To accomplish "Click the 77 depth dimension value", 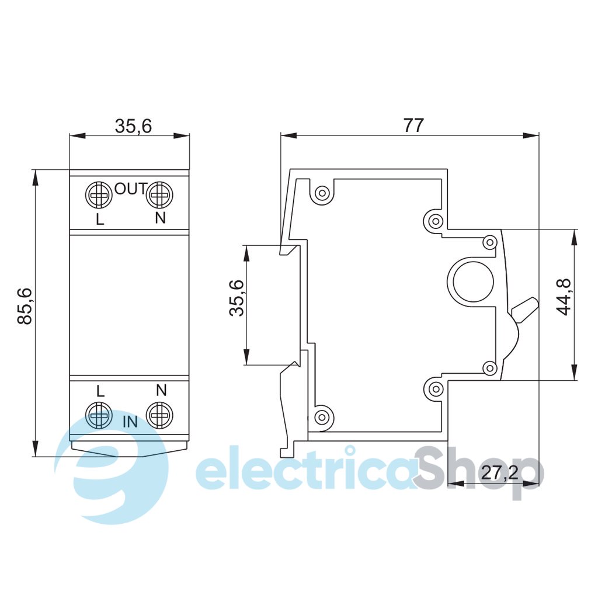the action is pyautogui.click(x=414, y=126).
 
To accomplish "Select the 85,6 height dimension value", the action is pyautogui.click(x=26, y=306).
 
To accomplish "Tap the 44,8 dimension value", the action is pyautogui.click(x=564, y=297).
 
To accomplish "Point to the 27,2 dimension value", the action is pyautogui.click(x=500, y=473).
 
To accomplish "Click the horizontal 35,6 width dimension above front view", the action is pyautogui.click(x=134, y=126).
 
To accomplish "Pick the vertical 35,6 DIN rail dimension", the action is pyautogui.click(x=237, y=298).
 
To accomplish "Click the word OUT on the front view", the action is pyautogui.click(x=131, y=189).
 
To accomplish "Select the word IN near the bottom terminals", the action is pyautogui.click(x=130, y=422).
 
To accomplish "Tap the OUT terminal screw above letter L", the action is pyautogui.click(x=98, y=195).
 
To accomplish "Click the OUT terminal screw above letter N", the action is pyautogui.click(x=160, y=195).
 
